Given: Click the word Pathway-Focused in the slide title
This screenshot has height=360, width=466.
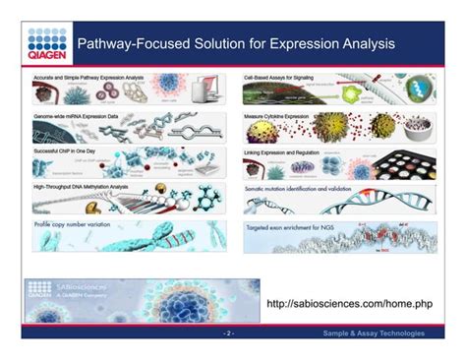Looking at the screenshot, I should click(128, 44).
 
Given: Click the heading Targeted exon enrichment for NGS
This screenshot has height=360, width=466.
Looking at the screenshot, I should click(295, 223).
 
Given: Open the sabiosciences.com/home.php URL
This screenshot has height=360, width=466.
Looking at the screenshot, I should click(349, 304).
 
